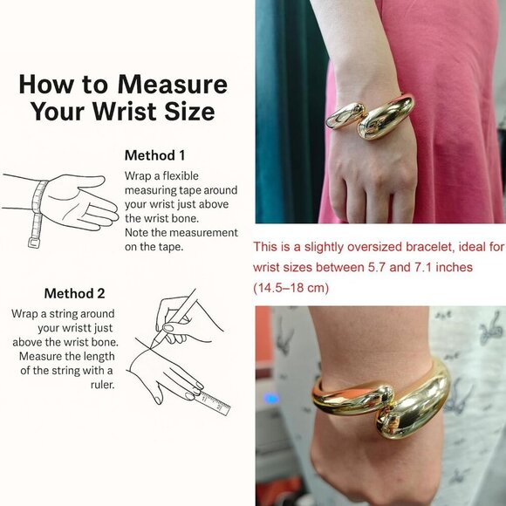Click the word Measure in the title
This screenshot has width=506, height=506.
[x=173, y=85]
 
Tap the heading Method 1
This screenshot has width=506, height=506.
[x=154, y=155]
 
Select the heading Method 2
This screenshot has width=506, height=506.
[x=74, y=293]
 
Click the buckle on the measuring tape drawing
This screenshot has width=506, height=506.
[x=34, y=243]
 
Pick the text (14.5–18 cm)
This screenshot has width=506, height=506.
[x=291, y=288]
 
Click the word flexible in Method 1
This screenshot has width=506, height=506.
[x=181, y=176]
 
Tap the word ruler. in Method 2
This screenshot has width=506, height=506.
[x=103, y=385]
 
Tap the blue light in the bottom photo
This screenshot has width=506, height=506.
[x=270, y=399]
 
